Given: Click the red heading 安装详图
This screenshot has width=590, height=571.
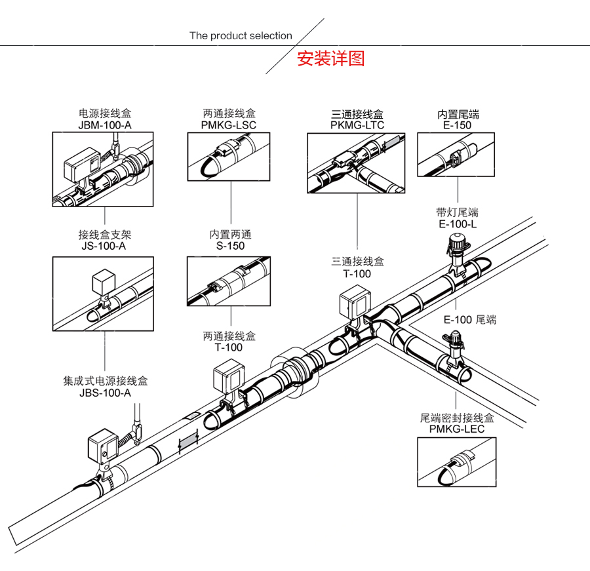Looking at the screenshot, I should pyautogui.click(x=330, y=58).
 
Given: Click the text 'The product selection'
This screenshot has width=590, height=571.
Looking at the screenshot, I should pyautogui.click(x=241, y=36).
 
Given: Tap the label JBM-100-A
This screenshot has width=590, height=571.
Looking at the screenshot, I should pyautogui.click(x=105, y=125).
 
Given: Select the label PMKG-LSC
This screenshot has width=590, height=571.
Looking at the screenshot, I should pyautogui.click(x=229, y=125).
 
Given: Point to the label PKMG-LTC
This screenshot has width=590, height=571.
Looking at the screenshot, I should pyautogui.click(x=357, y=125).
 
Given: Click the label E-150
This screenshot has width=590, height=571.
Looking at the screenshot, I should pyautogui.click(x=458, y=125).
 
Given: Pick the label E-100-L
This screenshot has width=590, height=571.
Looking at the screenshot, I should pyautogui.click(x=458, y=224).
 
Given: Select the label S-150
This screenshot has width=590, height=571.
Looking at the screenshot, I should pyautogui.click(x=230, y=246).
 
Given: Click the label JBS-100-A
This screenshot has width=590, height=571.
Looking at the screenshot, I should pyautogui.click(x=105, y=393).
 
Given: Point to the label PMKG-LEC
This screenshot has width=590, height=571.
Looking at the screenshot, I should pyautogui.click(x=457, y=429).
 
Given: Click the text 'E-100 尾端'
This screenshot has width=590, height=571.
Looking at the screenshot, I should pyautogui.click(x=469, y=320).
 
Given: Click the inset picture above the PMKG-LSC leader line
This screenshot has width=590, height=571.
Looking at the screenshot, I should pyautogui.click(x=229, y=156).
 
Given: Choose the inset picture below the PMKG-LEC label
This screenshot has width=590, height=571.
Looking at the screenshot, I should pyautogui.click(x=457, y=463).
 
